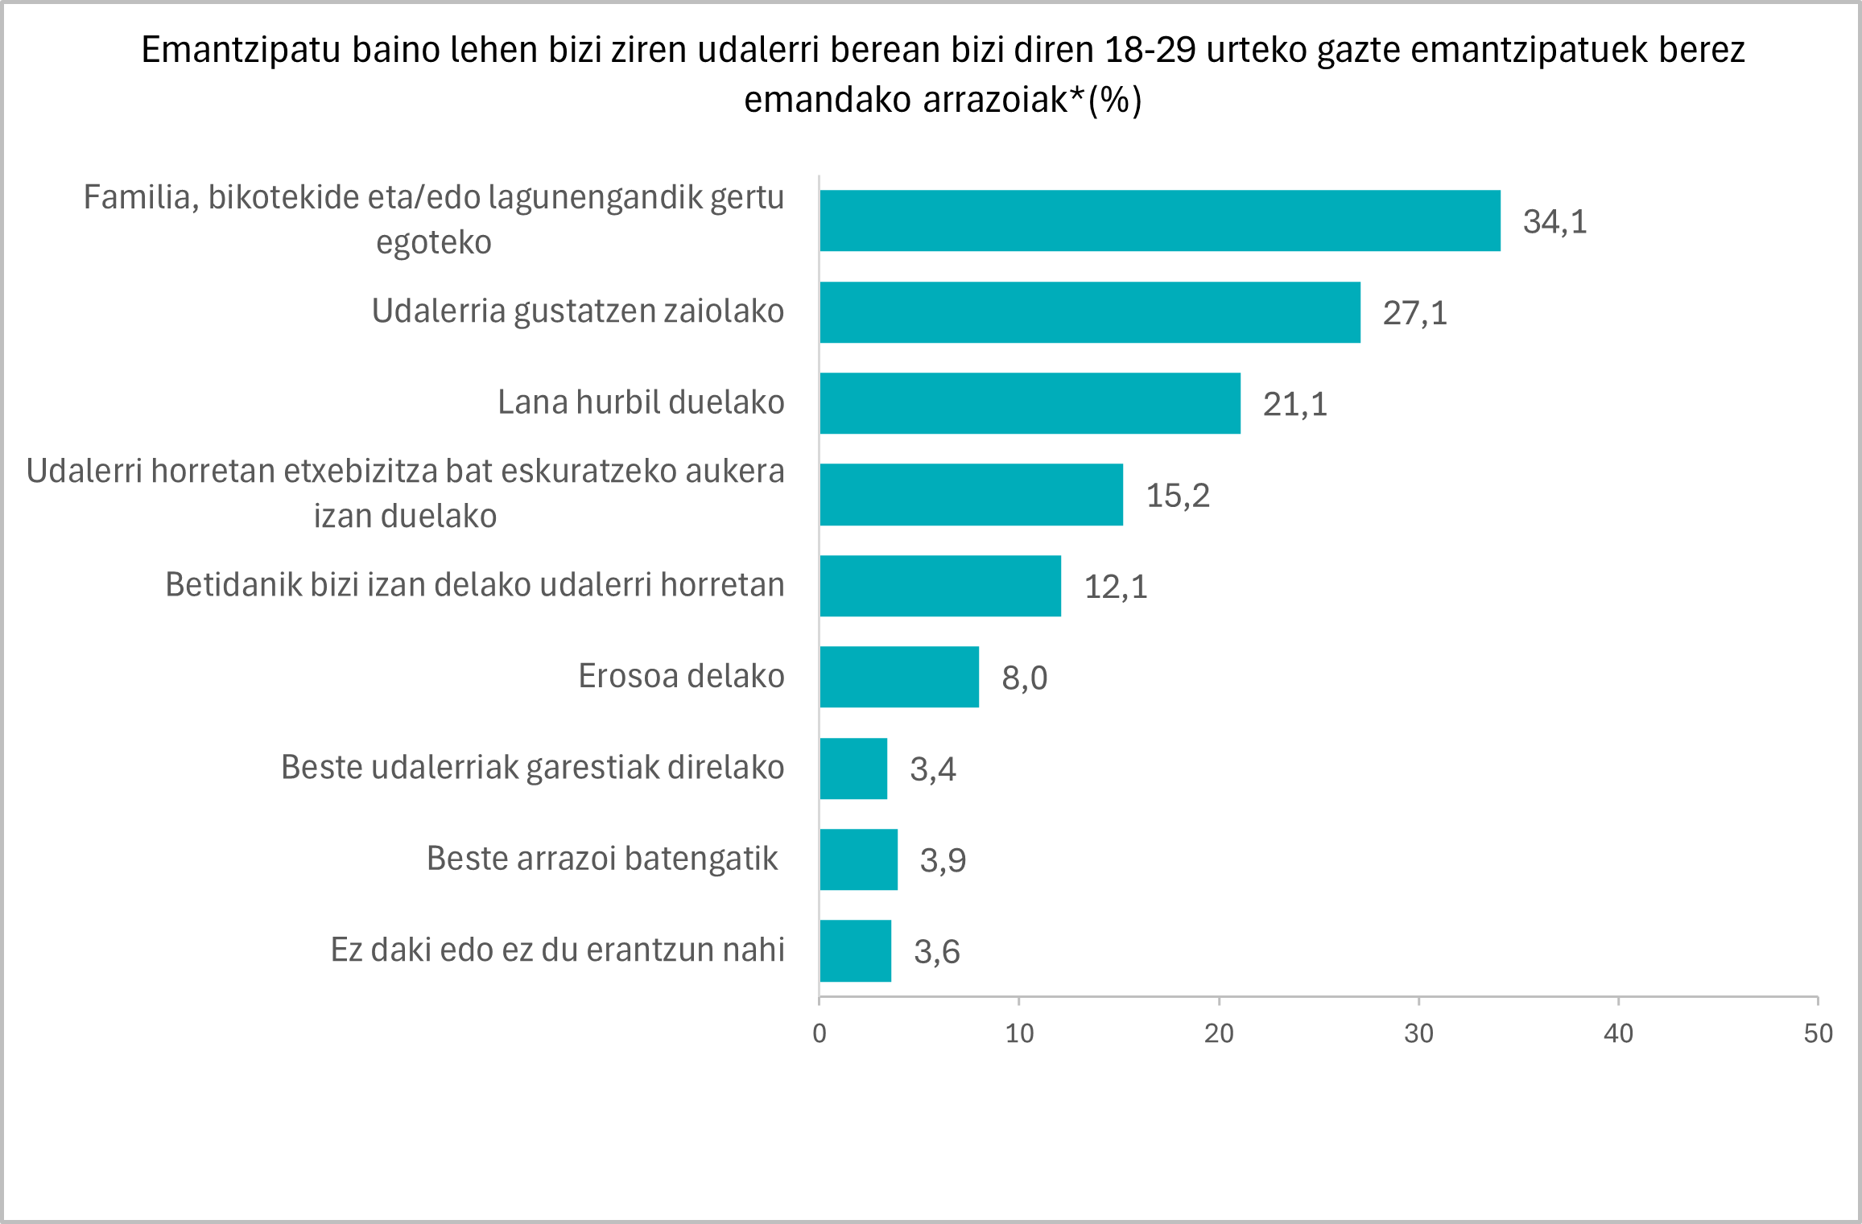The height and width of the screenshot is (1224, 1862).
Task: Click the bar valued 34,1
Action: coord(1159,220)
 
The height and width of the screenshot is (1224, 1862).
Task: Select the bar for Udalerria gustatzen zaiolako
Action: coord(1089,312)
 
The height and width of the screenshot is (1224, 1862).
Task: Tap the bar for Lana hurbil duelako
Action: coord(1030,403)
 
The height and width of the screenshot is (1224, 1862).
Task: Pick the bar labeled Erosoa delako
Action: coord(899,677)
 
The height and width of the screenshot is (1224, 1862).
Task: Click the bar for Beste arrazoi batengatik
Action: coord(858,859)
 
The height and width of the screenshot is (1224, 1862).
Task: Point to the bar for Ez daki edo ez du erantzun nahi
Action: coord(855,950)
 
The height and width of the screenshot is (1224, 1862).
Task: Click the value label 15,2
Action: coord(1177,496)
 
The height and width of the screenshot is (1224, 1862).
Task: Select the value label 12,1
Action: coord(1115,587)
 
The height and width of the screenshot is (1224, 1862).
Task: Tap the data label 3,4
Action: coord(932,769)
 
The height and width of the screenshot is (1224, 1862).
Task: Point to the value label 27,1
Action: coord(1414,313)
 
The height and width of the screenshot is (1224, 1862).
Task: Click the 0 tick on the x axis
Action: coord(820,1033)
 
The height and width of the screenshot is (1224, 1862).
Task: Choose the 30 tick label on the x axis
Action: coord(1418,1033)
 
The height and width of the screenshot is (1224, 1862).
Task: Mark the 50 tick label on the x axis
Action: coord(1818,1033)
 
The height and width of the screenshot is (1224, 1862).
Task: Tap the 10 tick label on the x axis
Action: coord(1019,1033)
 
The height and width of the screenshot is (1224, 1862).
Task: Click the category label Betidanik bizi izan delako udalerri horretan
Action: coord(474,585)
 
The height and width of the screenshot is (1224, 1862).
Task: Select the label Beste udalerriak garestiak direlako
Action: coord(532,768)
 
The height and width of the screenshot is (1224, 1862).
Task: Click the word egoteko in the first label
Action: coord(433,242)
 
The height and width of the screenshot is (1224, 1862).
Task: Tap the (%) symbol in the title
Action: coord(1114,101)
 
